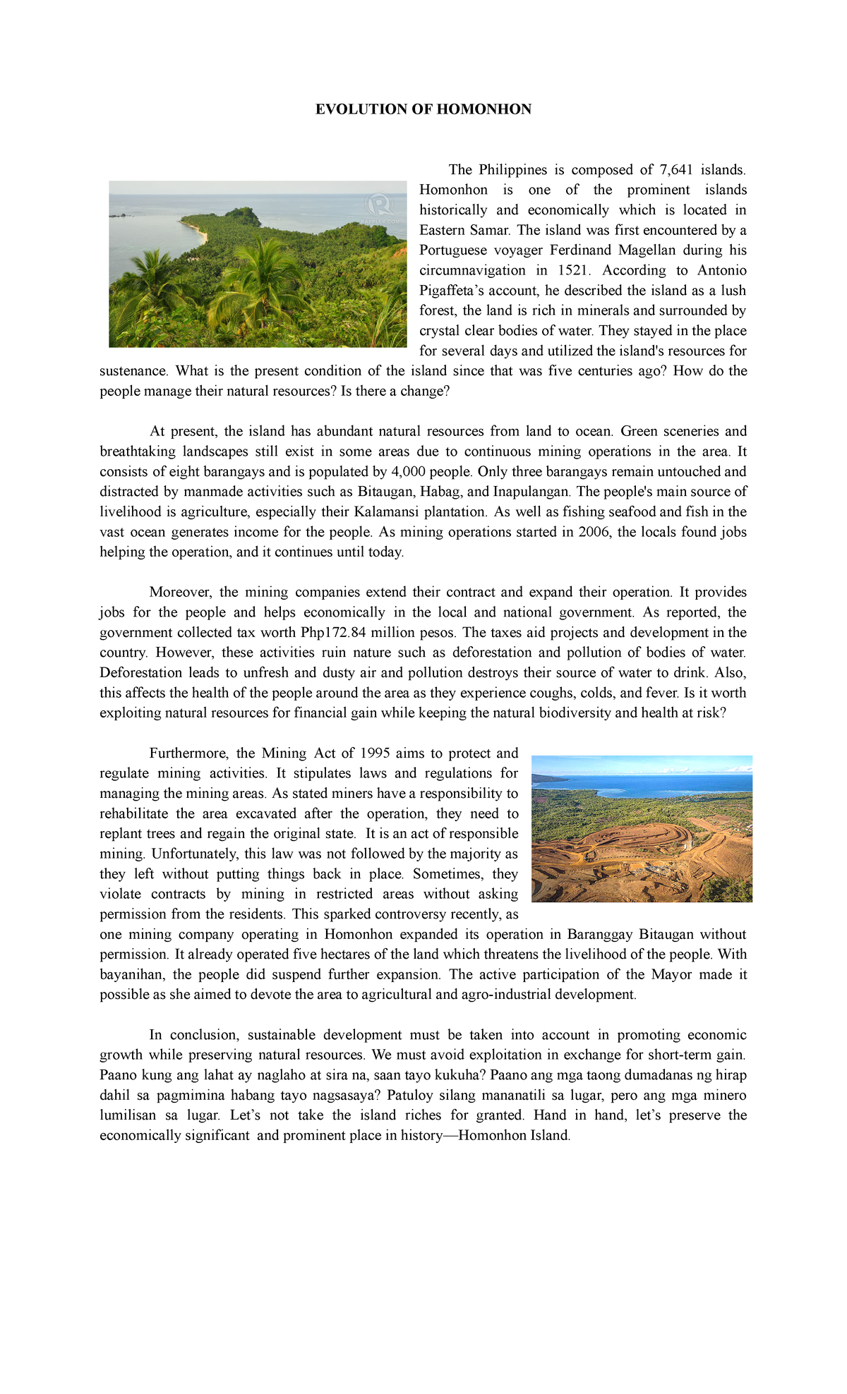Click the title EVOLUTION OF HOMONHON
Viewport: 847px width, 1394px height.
point(423,109)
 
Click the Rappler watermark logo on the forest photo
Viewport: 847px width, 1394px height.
point(380,205)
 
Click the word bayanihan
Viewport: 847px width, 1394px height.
point(133,975)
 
